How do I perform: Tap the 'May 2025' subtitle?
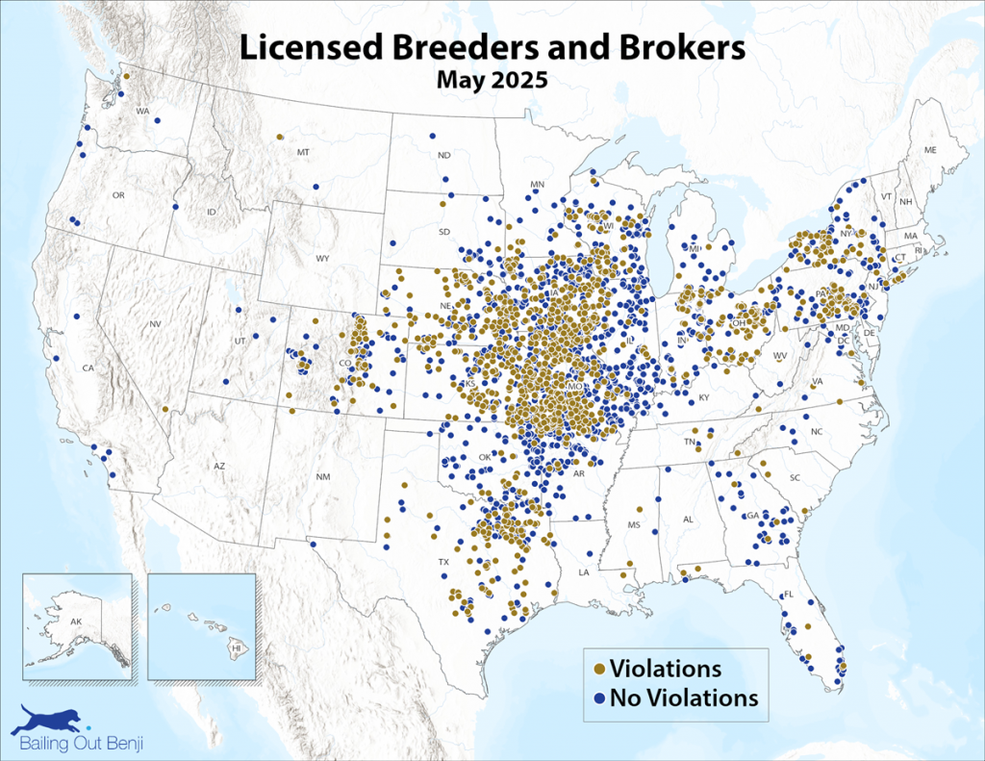click(492, 80)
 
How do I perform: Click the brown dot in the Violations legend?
click(600, 668)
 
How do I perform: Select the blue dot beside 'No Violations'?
click(600, 697)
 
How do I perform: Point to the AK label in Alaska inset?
click(76, 621)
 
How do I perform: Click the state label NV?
click(155, 324)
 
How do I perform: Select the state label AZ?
click(219, 467)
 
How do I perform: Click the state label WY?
click(322, 259)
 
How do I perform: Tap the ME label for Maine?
click(929, 150)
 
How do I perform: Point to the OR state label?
click(118, 195)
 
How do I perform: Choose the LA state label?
click(583, 571)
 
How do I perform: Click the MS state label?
click(633, 525)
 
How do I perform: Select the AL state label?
click(687, 520)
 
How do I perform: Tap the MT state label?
click(303, 152)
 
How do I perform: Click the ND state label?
click(443, 155)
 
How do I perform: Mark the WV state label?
click(780, 356)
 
